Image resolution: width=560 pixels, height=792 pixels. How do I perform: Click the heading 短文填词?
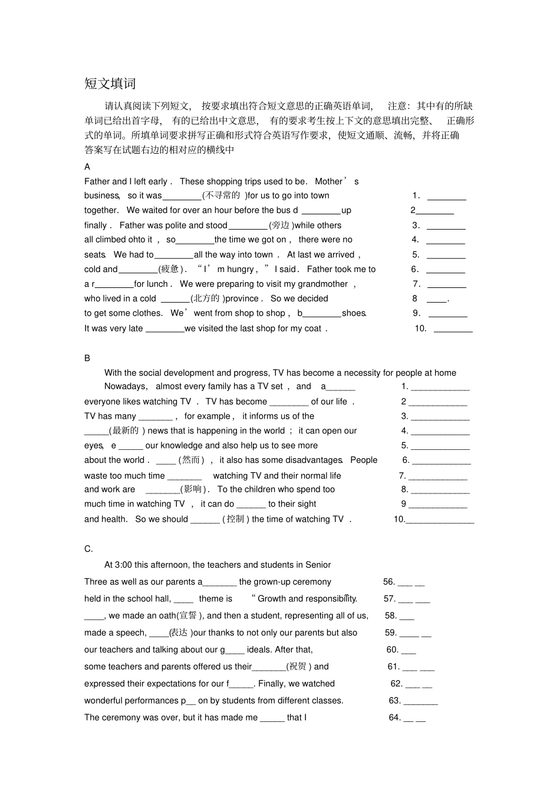110,84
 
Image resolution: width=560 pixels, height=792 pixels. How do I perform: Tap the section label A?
87,167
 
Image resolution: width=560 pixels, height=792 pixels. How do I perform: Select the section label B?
87,358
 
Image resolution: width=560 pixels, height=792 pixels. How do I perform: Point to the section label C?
88,549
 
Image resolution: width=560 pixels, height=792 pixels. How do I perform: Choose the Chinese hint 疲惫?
170,269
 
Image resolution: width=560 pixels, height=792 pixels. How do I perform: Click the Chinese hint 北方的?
206,299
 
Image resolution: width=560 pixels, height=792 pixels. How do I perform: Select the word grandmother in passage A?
323,284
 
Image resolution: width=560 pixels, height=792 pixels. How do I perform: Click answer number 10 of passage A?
420,329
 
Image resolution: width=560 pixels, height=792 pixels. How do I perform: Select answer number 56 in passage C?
389,582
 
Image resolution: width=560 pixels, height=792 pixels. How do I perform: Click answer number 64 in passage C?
394,717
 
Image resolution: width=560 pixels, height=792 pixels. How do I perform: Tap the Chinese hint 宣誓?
189,615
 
